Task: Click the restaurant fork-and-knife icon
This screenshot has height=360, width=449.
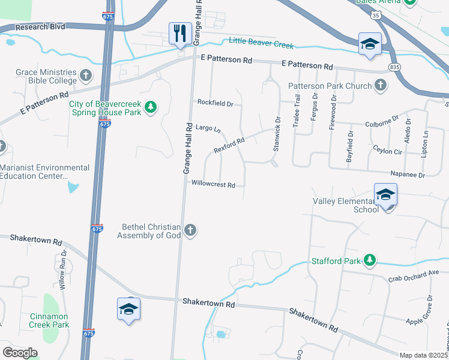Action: (x=180, y=34)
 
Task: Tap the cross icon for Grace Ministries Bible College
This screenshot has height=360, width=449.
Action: (x=86, y=76)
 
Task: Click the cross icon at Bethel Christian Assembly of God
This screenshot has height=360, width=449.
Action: (x=190, y=230)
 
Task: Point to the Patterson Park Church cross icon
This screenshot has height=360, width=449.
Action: (x=380, y=86)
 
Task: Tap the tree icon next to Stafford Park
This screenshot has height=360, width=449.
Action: (x=370, y=260)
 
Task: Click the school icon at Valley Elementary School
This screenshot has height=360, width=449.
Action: (x=385, y=195)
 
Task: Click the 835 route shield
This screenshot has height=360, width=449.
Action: (x=394, y=67)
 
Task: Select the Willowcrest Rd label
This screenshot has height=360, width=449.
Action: (x=212, y=185)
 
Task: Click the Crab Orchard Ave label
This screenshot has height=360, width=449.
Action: (x=414, y=273)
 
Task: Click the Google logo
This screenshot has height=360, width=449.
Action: (x=20, y=353)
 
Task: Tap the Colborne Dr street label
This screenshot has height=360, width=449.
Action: (x=382, y=125)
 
